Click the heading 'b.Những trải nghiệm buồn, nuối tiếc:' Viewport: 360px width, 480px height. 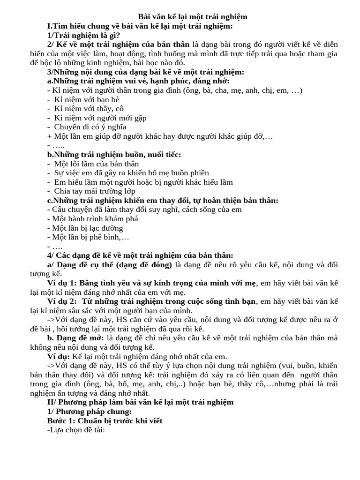114,154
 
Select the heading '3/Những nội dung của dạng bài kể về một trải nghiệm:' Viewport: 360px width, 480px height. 145,72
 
